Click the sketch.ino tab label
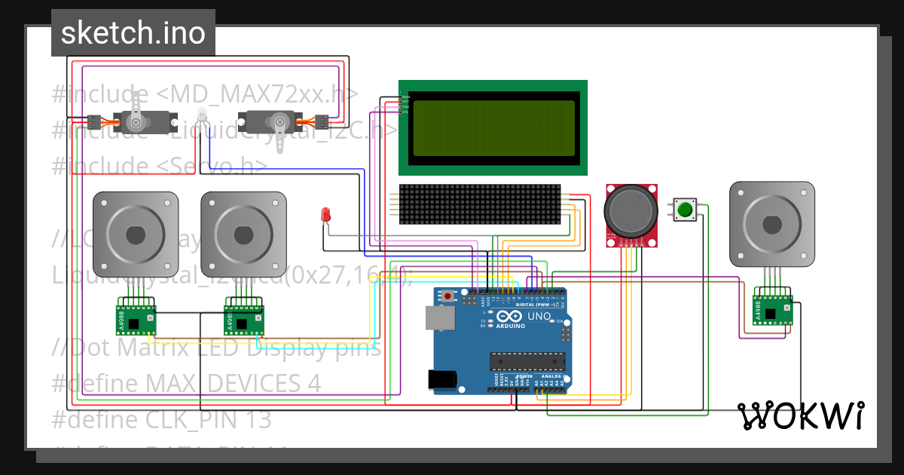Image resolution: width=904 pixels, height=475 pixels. (x=133, y=33)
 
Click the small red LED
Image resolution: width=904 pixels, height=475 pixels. (x=326, y=215)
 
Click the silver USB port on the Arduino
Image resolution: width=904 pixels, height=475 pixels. (x=440, y=319)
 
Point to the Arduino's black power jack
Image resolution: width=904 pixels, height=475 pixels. (x=443, y=379)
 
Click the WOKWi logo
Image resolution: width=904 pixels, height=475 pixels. (x=800, y=415)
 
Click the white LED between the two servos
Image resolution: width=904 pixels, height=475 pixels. (x=201, y=116)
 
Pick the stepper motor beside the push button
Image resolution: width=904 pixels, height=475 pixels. (x=771, y=224)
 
